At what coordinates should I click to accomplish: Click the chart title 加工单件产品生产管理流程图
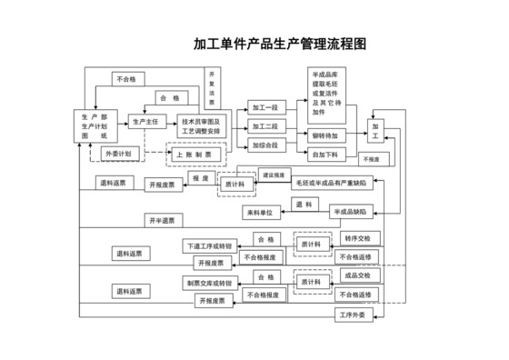tap(279, 44)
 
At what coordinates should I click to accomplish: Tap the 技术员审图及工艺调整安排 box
tap(201, 126)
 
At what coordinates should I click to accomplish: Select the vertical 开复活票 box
tap(212, 87)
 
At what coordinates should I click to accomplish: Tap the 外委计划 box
tap(117, 155)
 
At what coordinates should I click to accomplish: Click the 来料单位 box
tap(263, 212)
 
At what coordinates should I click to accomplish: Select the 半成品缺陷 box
tap(349, 212)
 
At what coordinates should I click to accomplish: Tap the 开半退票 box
tap(165, 220)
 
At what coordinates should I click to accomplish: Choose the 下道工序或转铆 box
tap(209, 245)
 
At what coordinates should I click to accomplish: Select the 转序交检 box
tap(356, 238)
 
